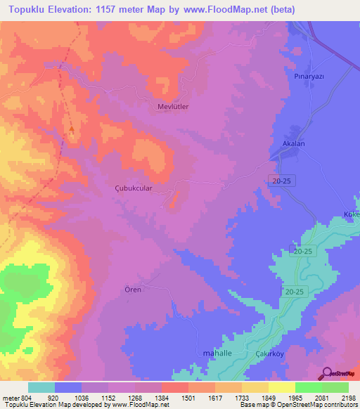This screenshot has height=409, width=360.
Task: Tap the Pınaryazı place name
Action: (308, 75)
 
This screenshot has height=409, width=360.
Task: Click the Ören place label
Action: (133, 290)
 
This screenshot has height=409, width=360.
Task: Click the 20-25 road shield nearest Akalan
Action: (283, 181)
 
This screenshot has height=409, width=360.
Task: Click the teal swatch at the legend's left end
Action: (41, 387)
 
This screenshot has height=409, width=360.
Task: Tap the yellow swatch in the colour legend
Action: (282, 387)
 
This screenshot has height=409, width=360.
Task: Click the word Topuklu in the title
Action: (30, 9)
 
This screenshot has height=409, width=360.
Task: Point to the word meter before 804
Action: (11, 397)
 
